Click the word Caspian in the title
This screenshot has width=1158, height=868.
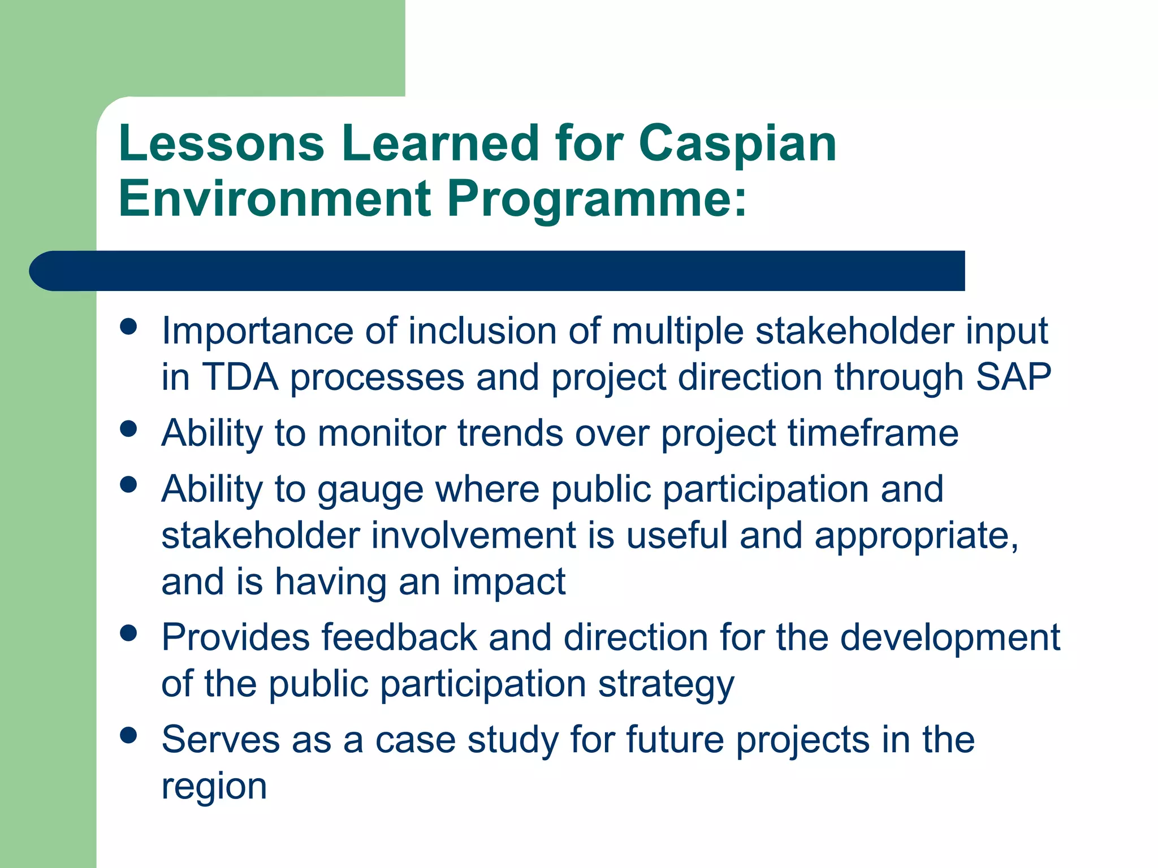(x=737, y=145)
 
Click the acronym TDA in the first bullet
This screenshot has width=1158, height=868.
(x=240, y=377)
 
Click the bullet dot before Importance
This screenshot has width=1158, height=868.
(x=129, y=326)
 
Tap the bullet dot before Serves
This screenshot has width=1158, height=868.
(x=129, y=735)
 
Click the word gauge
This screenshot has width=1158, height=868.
(x=370, y=490)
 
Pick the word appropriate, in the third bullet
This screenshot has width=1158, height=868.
(x=916, y=536)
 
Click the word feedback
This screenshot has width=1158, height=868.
(x=399, y=638)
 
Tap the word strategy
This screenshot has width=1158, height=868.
(x=666, y=685)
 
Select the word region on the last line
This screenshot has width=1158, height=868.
(x=214, y=787)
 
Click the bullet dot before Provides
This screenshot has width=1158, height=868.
(x=129, y=633)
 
